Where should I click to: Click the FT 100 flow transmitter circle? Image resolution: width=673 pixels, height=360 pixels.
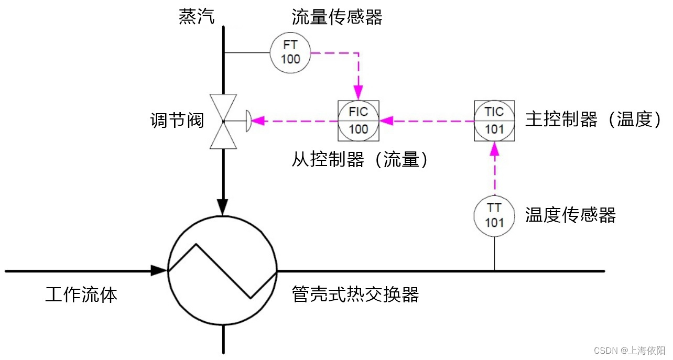[x=290, y=52]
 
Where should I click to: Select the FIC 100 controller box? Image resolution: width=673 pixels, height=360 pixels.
[x=359, y=121]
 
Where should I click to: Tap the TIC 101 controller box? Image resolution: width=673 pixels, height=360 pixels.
[x=494, y=121]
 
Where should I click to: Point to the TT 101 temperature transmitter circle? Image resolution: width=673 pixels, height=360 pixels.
[x=494, y=215]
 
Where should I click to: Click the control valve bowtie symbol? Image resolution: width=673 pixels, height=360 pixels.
[x=223, y=121]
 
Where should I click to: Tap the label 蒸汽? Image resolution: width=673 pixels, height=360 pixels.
[x=197, y=17]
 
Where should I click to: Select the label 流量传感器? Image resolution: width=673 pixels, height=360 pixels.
[x=337, y=18]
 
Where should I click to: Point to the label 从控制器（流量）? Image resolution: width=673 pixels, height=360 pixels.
[x=360, y=159]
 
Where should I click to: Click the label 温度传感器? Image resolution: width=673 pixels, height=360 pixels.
[x=570, y=215]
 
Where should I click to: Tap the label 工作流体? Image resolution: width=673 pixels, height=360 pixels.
[x=81, y=294]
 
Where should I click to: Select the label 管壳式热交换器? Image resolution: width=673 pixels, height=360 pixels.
[x=355, y=294]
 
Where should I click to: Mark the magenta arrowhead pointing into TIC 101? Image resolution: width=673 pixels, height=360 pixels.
[x=494, y=149]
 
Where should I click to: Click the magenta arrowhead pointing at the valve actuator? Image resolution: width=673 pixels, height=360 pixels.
[x=260, y=121]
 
